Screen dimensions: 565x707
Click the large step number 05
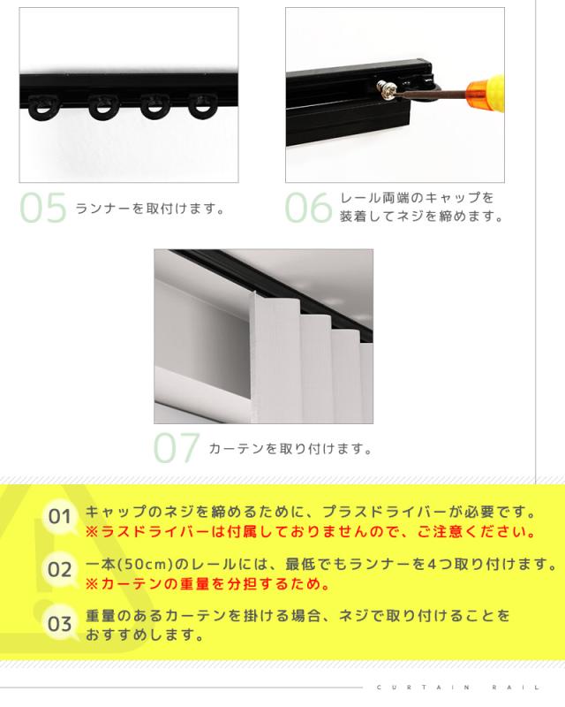[43, 208]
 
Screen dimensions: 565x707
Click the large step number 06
[309, 208]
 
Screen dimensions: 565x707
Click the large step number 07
[177, 448]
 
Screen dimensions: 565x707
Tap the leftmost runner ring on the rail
[44, 107]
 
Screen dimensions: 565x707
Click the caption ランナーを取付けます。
[150, 209]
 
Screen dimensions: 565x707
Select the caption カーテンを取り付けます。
[291, 449]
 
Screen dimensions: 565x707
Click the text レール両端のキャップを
[417, 197]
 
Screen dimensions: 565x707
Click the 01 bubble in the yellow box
[60, 517]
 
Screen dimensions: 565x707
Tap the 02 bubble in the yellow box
[60, 569]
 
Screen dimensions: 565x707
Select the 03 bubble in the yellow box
[60, 624]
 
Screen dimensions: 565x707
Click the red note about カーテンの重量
[208, 584]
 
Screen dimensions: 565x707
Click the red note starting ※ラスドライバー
[311, 532]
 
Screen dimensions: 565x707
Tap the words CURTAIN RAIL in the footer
[458, 688]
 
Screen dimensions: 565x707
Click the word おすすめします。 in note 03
[145, 635]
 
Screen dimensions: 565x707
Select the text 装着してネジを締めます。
[422, 217]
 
